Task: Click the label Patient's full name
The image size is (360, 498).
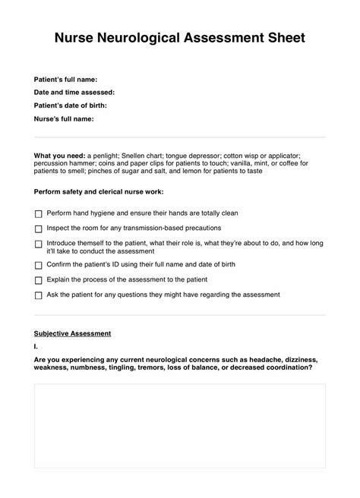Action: pyautogui.click(x=66, y=79)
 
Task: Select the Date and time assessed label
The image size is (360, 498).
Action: pyautogui.click(x=74, y=92)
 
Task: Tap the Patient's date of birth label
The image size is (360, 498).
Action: pyautogui.click(x=71, y=105)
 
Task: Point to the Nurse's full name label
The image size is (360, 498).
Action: pyautogui.click(x=64, y=118)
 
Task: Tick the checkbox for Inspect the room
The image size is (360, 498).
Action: pyautogui.click(x=39, y=229)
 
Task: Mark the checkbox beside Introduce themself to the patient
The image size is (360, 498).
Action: pyautogui.click(x=39, y=244)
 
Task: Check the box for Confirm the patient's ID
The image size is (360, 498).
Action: pyautogui.click(x=39, y=266)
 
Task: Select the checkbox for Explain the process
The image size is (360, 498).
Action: pyautogui.click(x=39, y=280)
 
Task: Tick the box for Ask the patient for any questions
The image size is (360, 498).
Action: pyautogui.click(x=39, y=295)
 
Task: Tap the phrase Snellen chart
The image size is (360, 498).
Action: pyautogui.click(x=152, y=156)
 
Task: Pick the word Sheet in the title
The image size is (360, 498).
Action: pyautogui.click(x=284, y=37)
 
